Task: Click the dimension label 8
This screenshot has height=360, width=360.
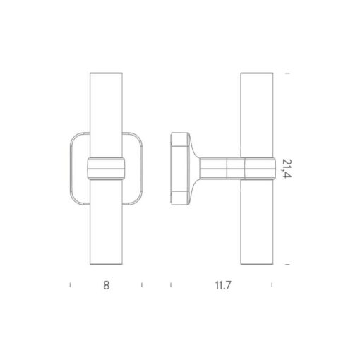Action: (x=107, y=285)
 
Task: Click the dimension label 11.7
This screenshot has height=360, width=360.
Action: (x=223, y=285)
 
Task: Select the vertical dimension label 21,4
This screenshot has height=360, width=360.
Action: (x=287, y=169)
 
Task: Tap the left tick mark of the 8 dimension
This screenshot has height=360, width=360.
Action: (x=70, y=285)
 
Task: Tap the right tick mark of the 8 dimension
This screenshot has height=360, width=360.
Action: (x=142, y=285)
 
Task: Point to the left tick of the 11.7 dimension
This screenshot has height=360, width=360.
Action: (x=171, y=285)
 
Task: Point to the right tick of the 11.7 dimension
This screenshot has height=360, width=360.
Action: (x=272, y=285)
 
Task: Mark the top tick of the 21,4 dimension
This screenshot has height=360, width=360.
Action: (x=287, y=73)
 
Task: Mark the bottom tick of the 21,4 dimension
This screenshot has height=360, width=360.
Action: (x=287, y=265)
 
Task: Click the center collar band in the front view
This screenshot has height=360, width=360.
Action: (x=107, y=169)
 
